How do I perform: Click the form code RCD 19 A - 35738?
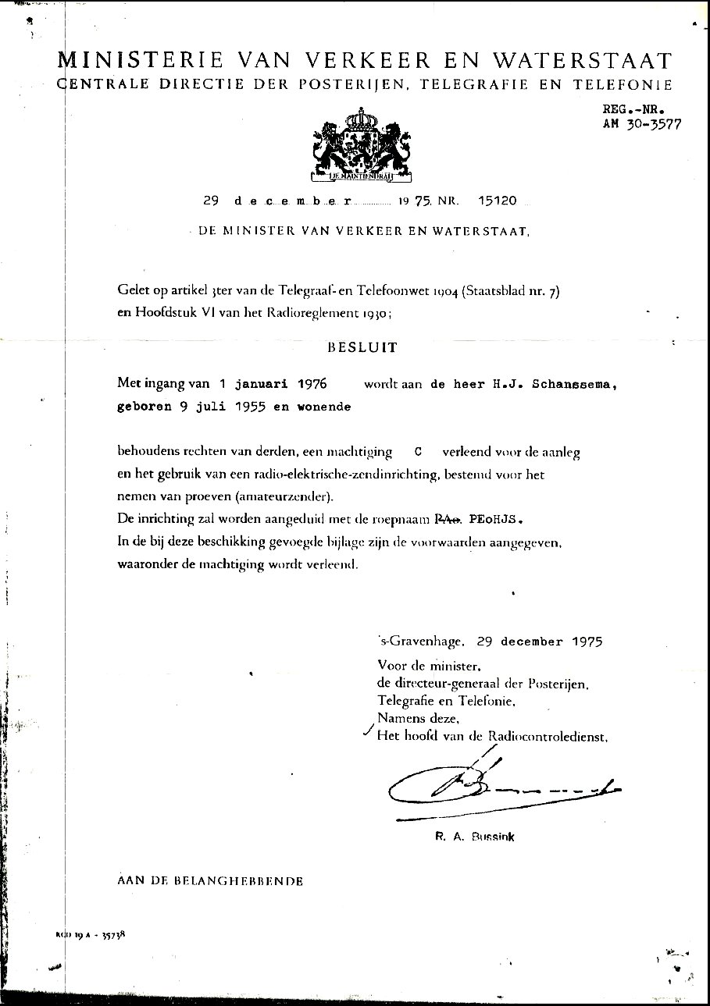pos(91,933)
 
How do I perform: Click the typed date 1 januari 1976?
pos(271,385)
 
